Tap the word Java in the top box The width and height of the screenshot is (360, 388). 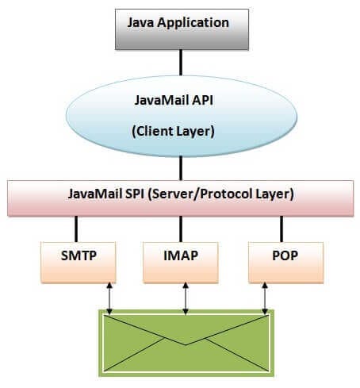(143, 22)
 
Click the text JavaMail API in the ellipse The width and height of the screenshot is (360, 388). (181, 100)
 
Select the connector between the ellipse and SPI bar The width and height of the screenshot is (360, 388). (182, 167)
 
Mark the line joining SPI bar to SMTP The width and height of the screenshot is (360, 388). (76, 229)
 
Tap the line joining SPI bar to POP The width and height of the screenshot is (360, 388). (281, 229)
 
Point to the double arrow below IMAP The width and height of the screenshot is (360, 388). (186, 297)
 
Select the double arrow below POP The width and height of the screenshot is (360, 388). (264, 297)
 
